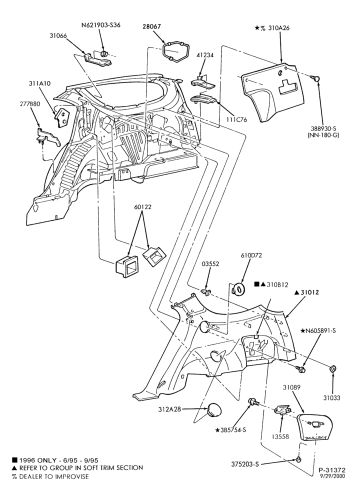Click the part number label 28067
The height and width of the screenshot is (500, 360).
pos(151,27)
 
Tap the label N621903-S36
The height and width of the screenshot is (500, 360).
pos(101,25)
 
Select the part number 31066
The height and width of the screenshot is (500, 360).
pos(58,35)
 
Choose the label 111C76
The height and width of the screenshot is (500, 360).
pos(237,120)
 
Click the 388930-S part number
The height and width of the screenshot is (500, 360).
pos(323,128)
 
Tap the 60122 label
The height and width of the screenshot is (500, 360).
pos(142,207)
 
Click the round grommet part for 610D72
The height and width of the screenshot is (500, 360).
pos(237,288)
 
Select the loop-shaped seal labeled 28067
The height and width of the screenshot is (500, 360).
pos(176,51)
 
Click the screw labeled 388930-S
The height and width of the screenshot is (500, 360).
pos(316,78)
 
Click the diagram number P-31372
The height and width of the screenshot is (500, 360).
pos(331,470)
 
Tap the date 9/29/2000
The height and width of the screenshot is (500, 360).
pos(333,476)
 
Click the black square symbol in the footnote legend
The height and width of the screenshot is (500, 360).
pos(14,460)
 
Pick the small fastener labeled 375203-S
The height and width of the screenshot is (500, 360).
pos(298,459)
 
